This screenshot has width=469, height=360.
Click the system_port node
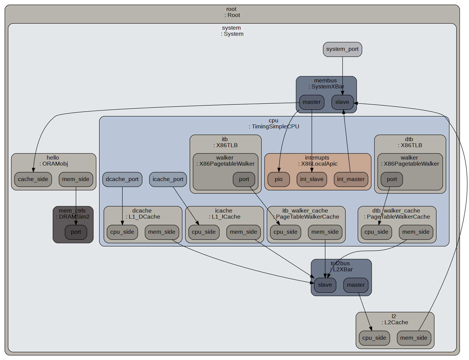pos(342,49)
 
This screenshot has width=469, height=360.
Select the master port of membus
pos(311,102)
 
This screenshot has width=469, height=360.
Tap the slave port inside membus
pos(342,102)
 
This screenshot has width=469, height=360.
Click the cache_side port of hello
pos(33,179)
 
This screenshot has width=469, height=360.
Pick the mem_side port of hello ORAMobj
pos(76,179)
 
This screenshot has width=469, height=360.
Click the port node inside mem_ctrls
pos(76,232)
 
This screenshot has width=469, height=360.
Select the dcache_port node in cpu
pos(122,179)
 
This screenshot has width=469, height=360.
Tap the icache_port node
pos(168,179)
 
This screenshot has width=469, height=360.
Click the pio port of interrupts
pos(278,179)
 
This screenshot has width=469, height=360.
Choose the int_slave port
pos(311,179)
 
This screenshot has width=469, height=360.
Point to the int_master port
pos(351,179)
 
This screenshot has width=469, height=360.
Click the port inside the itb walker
pos(244,179)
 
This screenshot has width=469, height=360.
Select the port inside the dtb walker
pos(391,179)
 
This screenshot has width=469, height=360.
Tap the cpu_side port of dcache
pos(122,232)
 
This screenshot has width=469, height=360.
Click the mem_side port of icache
pos(243,232)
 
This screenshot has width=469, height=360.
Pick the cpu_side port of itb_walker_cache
pos(285,232)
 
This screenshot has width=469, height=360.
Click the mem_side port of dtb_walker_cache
pos(416,232)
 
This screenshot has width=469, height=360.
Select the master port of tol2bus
pos(356,285)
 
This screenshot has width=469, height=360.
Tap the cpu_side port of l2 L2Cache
pos(374,338)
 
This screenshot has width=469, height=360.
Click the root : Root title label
pos(232,12)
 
